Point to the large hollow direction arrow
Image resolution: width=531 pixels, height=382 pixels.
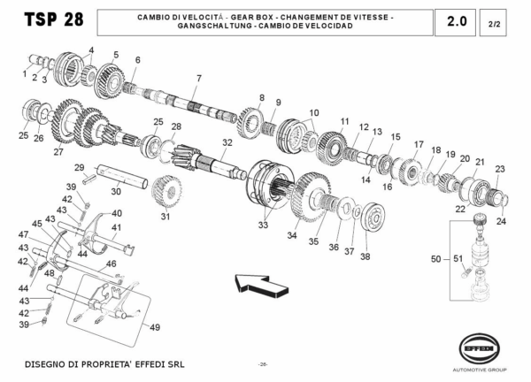(x=263, y=285)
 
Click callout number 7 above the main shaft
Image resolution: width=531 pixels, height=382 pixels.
(x=199, y=79)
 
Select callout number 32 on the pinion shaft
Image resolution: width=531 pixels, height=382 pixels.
(x=227, y=142)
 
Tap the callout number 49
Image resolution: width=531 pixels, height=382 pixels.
(x=156, y=327)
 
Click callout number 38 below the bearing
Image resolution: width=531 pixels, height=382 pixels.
(x=365, y=257)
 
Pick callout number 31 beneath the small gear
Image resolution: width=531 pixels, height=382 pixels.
(x=165, y=216)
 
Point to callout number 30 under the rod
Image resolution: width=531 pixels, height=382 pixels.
(x=115, y=190)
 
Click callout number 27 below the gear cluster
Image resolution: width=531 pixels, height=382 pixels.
(x=58, y=152)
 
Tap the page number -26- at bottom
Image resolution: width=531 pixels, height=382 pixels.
(x=263, y=364)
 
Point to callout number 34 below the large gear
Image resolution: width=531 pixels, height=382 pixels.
(x=291, y=235)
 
